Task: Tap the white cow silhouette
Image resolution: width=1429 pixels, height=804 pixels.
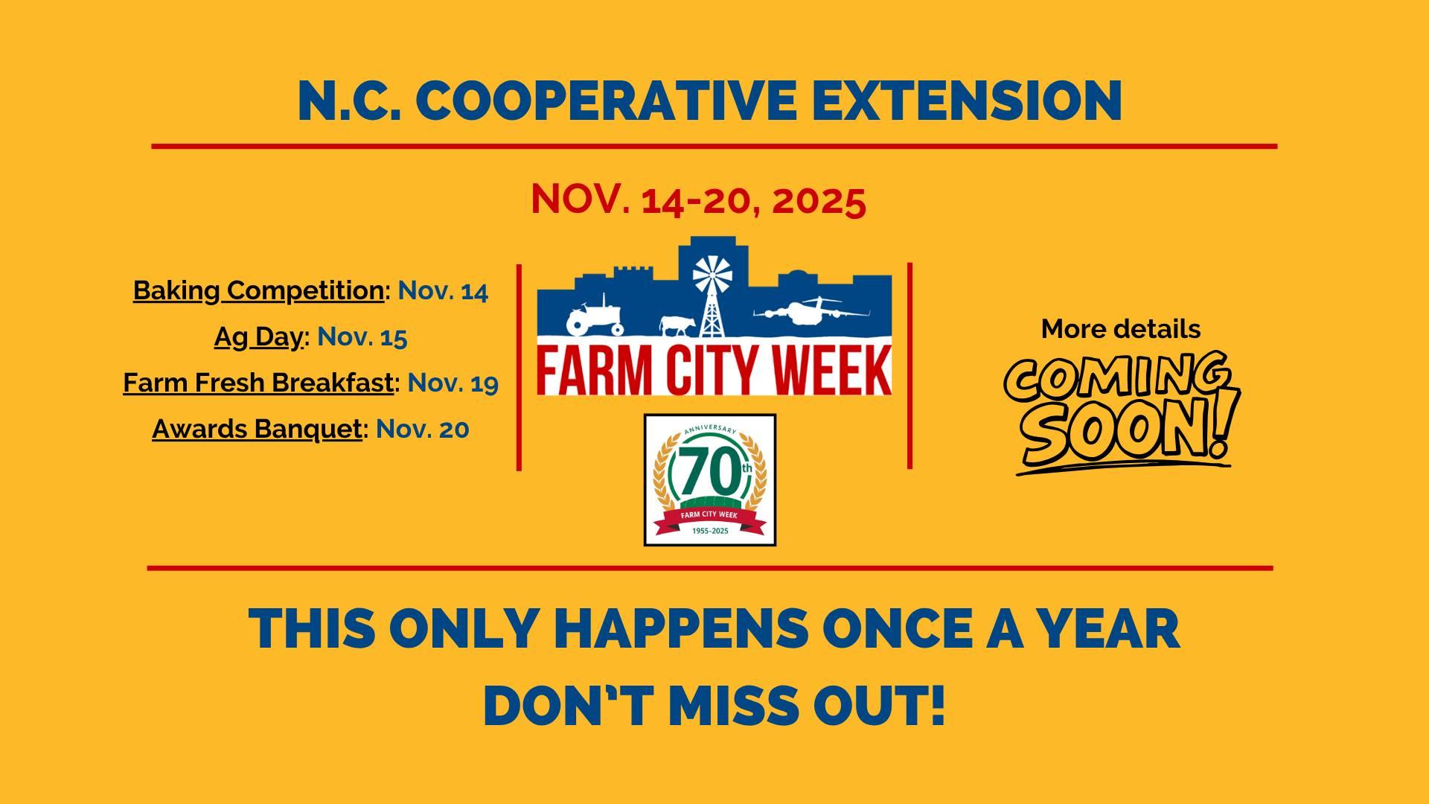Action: click(x=677, y=325)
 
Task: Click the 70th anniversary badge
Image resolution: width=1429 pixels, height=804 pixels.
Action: click(x=709, y=480)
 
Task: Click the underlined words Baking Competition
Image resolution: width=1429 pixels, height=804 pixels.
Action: click(x=258, y=290)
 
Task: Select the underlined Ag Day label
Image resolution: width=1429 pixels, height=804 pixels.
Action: click(x=259, y=337)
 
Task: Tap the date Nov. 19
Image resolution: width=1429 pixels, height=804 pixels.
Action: click(x=453, y=383)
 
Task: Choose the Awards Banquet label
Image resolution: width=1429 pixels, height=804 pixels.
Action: click(x=257, y=429)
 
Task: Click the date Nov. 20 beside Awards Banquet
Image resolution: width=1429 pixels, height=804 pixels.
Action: click(x=422, y=429)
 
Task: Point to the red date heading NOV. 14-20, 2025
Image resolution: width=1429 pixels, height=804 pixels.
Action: click(x=698, y=200)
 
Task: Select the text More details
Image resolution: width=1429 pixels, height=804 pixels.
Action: click(x=1120, y=329)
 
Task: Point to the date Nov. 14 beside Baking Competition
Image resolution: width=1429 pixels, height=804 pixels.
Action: click(x=443, y=290)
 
